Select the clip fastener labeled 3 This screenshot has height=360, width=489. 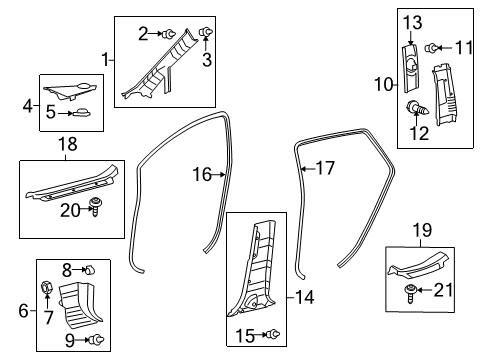click(x=207, y=33)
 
